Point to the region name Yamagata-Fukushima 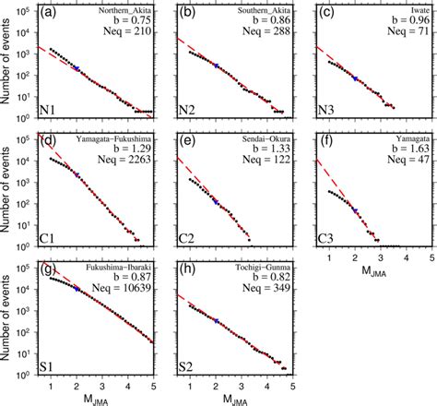[117, 140]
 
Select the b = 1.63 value [407, 151]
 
